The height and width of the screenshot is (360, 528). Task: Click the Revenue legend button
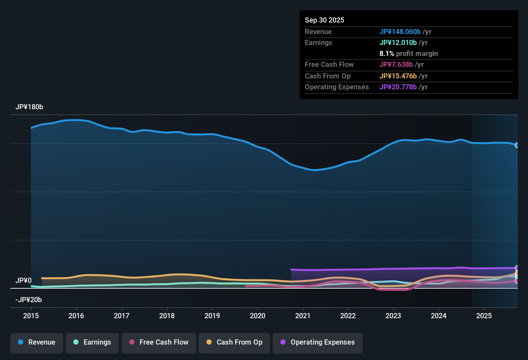pos(37,342)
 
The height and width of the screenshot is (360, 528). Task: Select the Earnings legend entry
pos(92,342)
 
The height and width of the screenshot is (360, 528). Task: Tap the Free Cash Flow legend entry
pos(159,342)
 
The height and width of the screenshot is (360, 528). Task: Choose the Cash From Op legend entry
pos(234,342)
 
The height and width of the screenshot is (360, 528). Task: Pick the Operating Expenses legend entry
pos(318,342)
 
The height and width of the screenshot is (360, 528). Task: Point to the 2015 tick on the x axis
pos(31,316)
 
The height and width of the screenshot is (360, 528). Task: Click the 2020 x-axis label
pos(258,316)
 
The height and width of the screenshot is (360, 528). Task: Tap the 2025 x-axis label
pos(484,316)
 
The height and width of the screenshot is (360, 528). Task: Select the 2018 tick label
pos(167,316)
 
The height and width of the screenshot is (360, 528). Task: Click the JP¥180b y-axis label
pos(29,107)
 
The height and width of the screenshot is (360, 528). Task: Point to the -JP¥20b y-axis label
pos(29,300)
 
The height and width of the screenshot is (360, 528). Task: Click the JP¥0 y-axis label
pos(23,281)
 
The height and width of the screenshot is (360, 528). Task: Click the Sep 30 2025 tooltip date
pos(324,20)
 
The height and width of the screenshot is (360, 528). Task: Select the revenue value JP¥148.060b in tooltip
pos(400,32)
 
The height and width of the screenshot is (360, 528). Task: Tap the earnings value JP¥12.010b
pos(398,42)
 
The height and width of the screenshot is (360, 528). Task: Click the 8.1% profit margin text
pos(408,54)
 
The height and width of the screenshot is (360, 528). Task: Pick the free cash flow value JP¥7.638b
pos(396,64)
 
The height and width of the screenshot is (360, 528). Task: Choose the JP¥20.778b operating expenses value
pos(398,87)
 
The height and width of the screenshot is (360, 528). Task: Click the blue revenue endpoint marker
pos(517,145)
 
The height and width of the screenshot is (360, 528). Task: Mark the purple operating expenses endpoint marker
pos(517,268)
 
